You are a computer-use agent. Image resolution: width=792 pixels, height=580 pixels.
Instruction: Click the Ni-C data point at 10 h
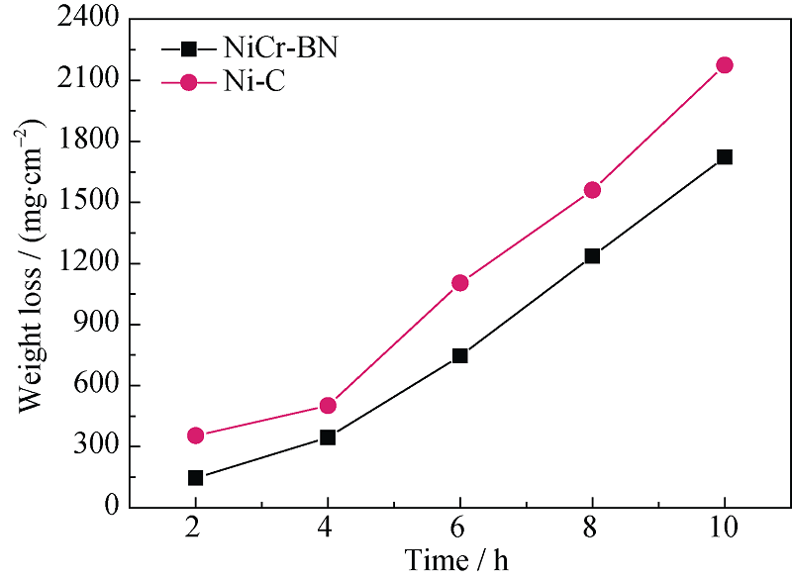(x=724, y=65)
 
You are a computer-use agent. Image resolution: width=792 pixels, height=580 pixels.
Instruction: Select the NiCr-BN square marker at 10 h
(x=724, y=156)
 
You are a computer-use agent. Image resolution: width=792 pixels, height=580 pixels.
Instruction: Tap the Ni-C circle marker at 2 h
(x=195, y=435)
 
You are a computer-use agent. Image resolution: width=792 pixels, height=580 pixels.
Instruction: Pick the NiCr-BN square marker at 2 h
(x=195, y=478)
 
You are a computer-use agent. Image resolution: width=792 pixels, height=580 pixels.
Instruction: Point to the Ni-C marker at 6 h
(x=459, y=283)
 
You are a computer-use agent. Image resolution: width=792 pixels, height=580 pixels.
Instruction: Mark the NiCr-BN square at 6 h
(x=459, y=355)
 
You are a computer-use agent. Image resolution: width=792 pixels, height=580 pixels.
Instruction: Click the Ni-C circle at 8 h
(x=592, y=190)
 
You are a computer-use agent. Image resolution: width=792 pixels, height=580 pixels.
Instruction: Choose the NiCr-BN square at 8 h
(x=592, y=255)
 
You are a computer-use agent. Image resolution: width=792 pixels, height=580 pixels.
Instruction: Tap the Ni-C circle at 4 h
(x=328, y=406)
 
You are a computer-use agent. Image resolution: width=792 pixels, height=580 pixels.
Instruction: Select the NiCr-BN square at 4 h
(x=328, y=437)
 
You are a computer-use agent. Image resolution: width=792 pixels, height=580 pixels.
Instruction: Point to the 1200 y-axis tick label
(x=86, y=264)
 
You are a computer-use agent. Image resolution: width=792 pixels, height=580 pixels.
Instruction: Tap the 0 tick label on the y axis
(x=110, y=508)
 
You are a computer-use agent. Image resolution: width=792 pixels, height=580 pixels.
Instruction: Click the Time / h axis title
(x=458, y=561)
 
